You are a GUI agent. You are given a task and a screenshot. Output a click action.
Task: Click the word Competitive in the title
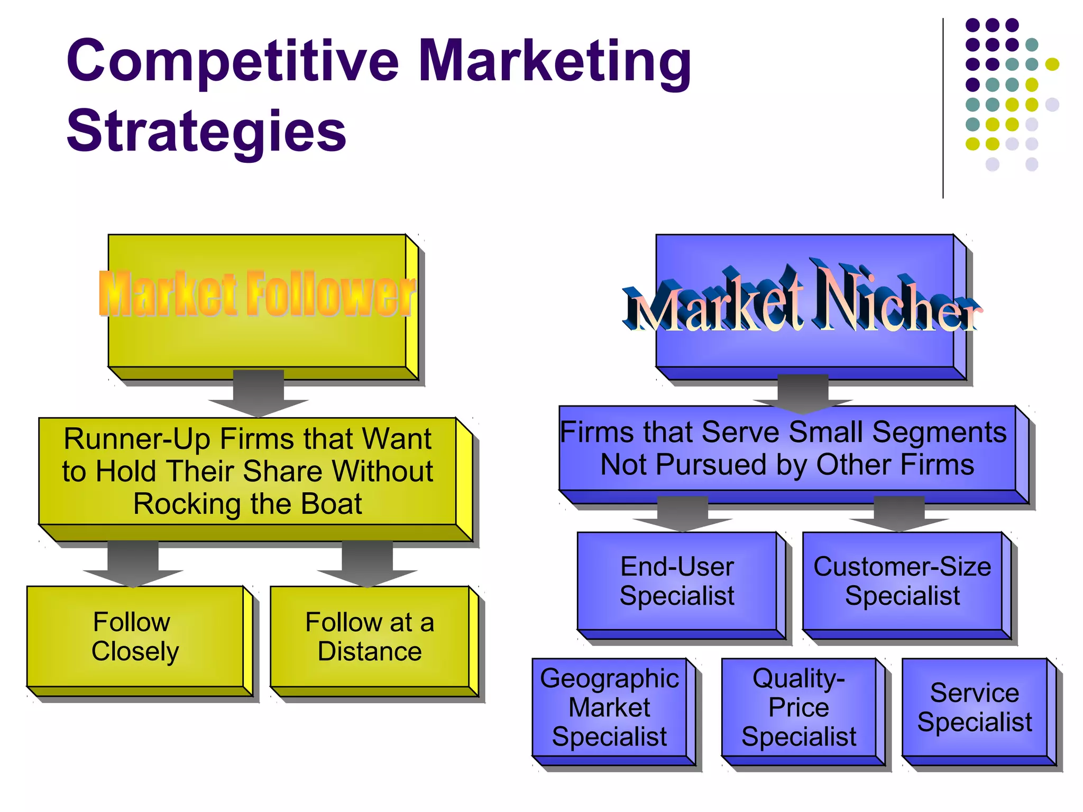point(233,62)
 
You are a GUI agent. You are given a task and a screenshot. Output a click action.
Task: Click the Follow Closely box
point(135,636)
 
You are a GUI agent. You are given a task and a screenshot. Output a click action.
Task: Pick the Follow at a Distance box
point(370,636)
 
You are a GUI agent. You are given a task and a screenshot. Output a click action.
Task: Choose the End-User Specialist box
point(677,581)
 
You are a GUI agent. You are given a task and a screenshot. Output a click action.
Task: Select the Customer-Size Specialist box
point(902,581)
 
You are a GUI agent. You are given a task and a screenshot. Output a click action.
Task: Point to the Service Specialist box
point(975,707)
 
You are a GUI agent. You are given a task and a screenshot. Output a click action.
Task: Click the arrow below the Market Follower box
point(259,394)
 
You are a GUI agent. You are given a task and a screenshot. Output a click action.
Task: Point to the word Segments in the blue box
point(939,432)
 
